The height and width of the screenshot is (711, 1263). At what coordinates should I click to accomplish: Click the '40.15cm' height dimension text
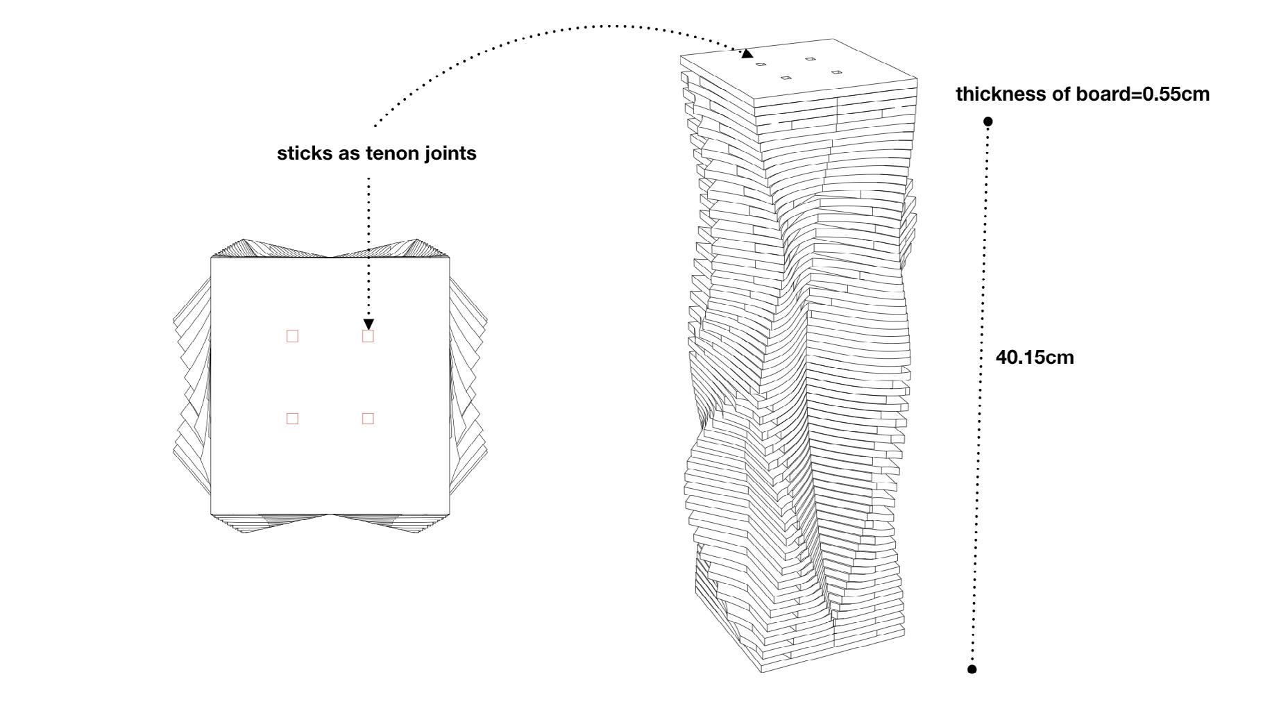1035,358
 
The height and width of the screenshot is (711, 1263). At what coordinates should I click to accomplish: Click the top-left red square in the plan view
292,336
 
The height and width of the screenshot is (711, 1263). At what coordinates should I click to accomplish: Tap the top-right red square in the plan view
368,336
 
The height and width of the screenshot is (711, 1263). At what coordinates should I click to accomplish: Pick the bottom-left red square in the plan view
292,418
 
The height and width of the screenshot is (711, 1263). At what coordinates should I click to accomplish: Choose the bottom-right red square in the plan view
368,418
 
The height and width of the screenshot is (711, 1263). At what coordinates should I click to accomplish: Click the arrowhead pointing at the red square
368,324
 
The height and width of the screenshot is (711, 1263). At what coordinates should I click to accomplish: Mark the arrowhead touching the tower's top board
747,53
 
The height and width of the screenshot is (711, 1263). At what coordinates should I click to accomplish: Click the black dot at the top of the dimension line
988,122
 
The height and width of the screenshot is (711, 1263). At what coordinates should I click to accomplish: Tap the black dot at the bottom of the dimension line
972,669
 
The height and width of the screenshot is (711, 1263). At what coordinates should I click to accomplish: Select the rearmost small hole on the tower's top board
810,59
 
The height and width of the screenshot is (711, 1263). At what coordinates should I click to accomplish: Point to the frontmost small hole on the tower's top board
786,77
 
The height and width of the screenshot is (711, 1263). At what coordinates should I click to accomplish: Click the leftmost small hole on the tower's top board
761,65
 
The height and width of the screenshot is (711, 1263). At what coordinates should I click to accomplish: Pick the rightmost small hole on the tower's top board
836,72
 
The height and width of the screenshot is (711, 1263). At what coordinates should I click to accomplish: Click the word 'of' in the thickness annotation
1062,94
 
